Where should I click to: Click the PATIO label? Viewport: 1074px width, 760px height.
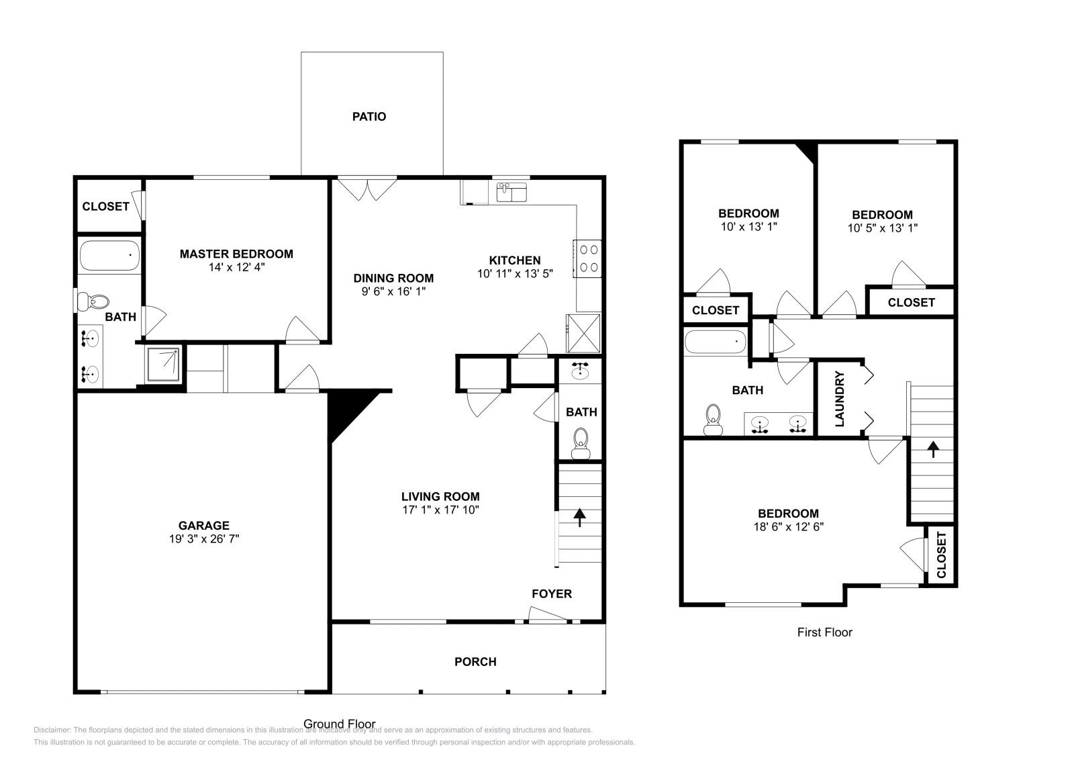[x=369, y=117]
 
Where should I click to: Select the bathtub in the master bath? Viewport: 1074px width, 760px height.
[x=110, y=256]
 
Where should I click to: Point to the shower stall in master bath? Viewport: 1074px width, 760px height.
[x=163, y=365]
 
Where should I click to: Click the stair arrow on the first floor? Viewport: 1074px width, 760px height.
[x=933, y=448]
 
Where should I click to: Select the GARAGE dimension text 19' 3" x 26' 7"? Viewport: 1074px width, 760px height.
[x=204, y=538]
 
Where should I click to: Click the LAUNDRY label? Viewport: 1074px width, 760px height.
[x=839, y=399]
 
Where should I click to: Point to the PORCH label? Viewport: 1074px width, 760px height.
[x=475, y=662]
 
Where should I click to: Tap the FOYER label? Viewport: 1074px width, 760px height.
[x=552, y=593]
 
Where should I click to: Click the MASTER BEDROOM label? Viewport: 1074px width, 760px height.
[x=236, y=254]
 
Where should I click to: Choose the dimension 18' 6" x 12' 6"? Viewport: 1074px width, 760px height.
[x=789, y=527]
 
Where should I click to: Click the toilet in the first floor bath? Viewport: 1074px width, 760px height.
[x=713, y=419]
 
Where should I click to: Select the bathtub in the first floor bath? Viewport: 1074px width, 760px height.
[x=715, y=342]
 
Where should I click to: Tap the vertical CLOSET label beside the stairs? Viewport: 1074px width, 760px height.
[x=941, y=555]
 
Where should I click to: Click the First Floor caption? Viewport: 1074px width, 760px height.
[x=824, y=632]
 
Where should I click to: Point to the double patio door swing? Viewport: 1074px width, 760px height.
[x=367, y=189]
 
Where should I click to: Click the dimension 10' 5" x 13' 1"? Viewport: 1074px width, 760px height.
[x=882, y=228]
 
